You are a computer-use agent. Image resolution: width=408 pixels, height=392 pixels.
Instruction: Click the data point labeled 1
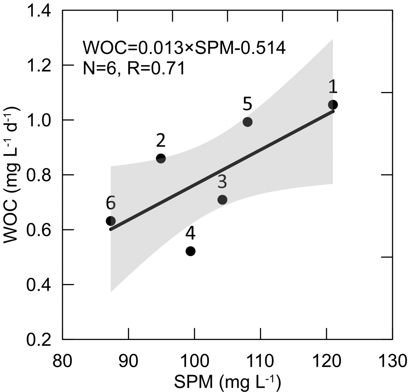pos(333,105)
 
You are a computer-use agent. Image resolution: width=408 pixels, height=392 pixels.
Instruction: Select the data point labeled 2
pos(161,158)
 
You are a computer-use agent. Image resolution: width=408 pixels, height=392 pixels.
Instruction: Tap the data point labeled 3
pos(222,199)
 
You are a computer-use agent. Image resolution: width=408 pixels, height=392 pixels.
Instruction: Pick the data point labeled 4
pos(190,251)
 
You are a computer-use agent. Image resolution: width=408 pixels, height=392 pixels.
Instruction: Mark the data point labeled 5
pos(248,122)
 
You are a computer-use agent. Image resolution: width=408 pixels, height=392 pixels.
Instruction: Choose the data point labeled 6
pos(111,221)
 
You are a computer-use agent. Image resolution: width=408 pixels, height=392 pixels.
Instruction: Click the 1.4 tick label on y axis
pos(39,11)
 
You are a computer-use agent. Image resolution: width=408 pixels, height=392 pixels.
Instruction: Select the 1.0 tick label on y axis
pos(39,120)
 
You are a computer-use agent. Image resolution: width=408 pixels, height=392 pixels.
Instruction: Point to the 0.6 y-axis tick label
pos(39,230)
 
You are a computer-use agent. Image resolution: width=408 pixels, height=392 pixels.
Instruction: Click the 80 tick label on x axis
pos(63,360)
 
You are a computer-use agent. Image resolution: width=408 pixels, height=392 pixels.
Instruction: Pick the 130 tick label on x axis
pos(392,360)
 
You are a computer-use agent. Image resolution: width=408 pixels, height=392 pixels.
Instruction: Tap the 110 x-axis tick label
pos(260,360)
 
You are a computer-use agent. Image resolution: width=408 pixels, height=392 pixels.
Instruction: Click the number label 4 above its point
pos(190,234)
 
